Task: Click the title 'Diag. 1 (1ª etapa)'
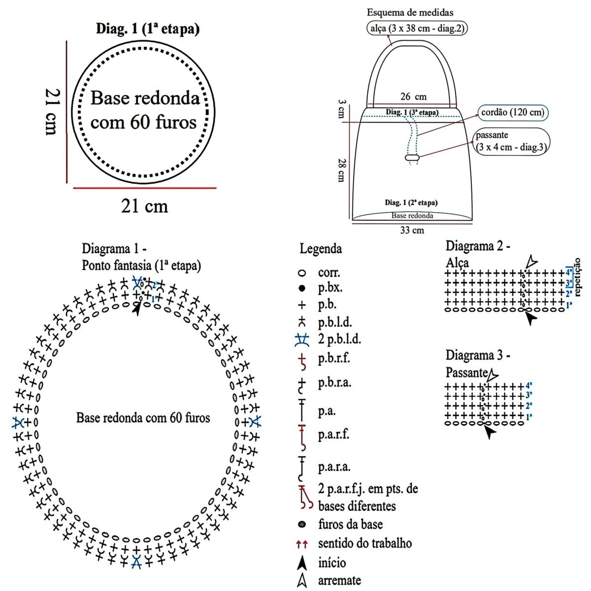coord(148,29)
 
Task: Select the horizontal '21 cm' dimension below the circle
coord(144,206)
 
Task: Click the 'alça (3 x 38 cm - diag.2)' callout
coord(417,28)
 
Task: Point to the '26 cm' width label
coord(413,97)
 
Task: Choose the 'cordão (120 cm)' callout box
coord(512,112)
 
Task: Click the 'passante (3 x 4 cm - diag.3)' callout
coord(511,141)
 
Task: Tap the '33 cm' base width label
coord(412,230)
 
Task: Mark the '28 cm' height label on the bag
coord(341,170)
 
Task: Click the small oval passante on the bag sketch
coord(412,157)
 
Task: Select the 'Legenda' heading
coord(321,249)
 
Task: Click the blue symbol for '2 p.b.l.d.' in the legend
coord(302,339)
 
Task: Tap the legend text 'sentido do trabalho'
coord(365,544)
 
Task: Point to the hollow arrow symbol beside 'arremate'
coord(302,581)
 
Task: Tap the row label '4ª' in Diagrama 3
coord(528,386)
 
